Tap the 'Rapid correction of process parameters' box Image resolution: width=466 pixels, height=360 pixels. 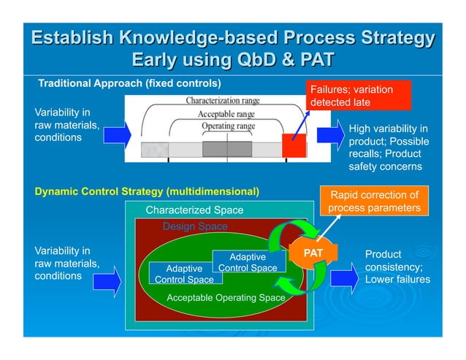(x=375, y=202)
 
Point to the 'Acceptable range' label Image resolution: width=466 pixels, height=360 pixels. (x=226, y=114)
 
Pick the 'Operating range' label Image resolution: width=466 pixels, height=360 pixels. (x=228, y=126)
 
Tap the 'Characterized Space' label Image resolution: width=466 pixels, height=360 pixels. (x=194, y=210)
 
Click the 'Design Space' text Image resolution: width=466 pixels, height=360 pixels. (x=194, y=226)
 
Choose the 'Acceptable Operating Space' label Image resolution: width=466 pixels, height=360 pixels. (x=226, y=298)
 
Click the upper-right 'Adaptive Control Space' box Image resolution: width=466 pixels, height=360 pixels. (x=248, y=263)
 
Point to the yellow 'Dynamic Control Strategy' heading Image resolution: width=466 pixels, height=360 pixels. (x=147, y=192)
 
